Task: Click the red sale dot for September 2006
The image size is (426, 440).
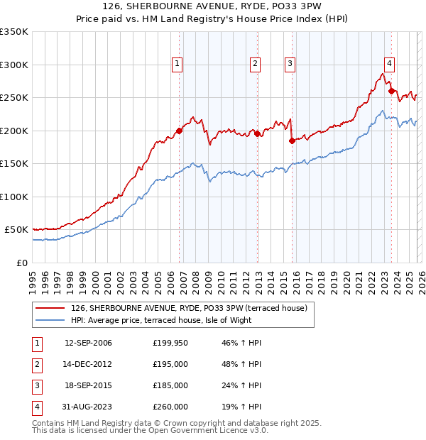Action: (179, 131)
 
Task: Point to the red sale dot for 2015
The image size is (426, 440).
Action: (292, 141)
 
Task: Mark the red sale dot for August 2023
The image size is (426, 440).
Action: (391, 91)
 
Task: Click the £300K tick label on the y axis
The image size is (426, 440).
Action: (14, 65)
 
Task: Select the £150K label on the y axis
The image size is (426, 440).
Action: (14, 163)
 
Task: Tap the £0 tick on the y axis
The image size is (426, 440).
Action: (21, 263)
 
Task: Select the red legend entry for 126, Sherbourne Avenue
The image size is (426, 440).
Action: (188, 308)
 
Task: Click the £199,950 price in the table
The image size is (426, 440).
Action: (170, 343)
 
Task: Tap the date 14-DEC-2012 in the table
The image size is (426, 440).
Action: (88, 364)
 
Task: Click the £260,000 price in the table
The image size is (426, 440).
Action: (170, 407)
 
